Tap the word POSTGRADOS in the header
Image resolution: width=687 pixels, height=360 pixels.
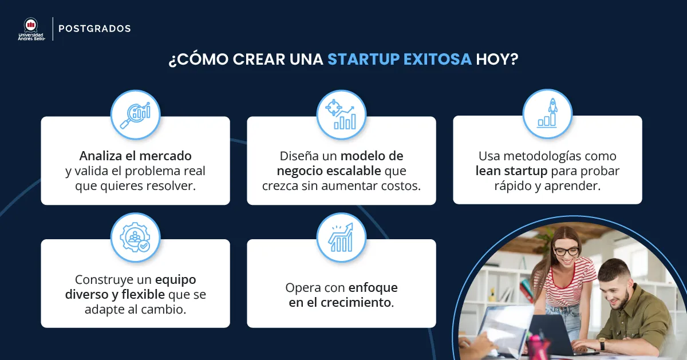94,29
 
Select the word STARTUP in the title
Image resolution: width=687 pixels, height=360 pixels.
362,60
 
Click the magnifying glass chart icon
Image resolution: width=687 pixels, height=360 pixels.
135,114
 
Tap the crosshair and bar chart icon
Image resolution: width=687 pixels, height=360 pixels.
341,114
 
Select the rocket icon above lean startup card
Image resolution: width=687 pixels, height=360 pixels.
547,113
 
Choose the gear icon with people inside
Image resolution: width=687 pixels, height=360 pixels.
135,237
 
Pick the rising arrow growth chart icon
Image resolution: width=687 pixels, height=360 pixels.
341,237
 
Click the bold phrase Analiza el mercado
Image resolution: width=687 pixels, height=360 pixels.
135,156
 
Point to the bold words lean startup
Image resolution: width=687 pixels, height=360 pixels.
511,171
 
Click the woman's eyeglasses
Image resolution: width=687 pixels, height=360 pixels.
566,251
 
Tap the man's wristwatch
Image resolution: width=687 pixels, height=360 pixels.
602,344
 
